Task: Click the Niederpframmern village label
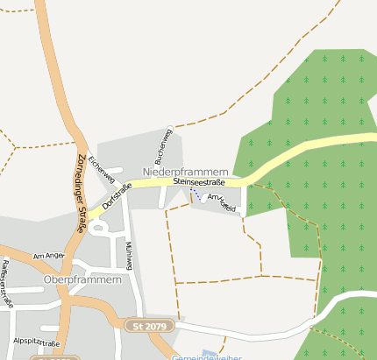[x=185, y=172]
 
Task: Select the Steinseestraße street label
[x=199, y=182]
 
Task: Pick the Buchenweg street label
[x=164, y=146]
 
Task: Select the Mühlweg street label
[x=129, y=254]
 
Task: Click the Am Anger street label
[x=49, y=255]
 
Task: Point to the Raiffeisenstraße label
[x=7, y=284]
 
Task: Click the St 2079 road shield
[x=151, y=326]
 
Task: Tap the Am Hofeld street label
[x=222, y=203]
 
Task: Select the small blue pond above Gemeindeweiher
[x=206, y=351]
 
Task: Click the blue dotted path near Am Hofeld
[x=196, y=194]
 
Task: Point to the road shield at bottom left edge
[x=53, y=357]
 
